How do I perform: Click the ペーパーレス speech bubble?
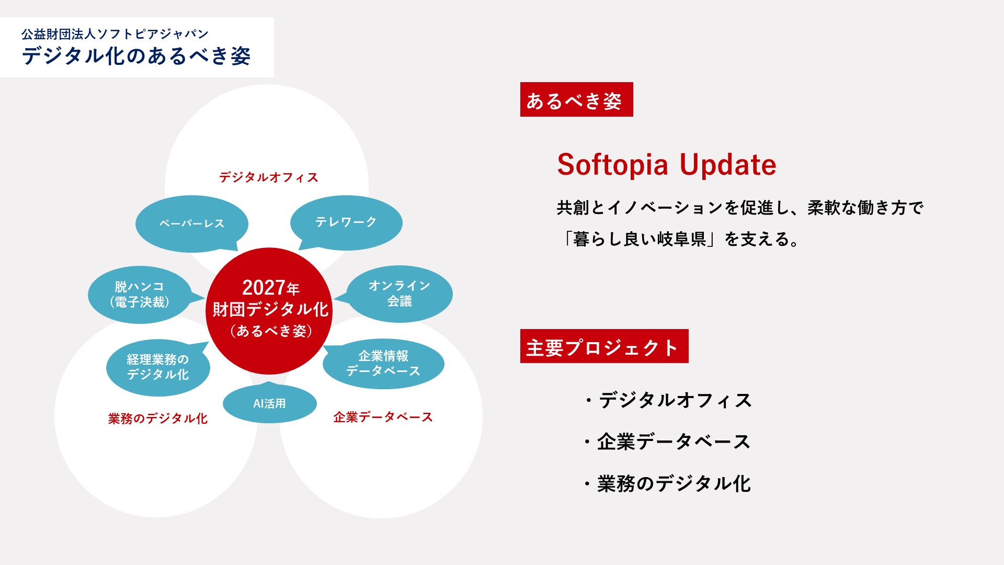[191, 223]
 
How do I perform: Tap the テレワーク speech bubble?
[346, 222]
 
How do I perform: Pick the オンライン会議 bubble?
[399, 293]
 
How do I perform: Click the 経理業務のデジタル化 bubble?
[158, 367]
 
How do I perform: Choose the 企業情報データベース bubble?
[383, 364]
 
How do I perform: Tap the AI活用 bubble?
[270, 403]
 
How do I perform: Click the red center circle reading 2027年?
[269, 311]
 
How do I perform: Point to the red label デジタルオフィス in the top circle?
[269, 177]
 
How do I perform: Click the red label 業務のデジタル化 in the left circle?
[158, 419]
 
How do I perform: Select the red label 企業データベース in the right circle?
[383, 417]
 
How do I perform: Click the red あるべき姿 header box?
[577, 99]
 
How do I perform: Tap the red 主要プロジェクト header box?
[604, 346]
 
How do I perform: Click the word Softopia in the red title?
[613, 165]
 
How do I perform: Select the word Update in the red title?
[728, 165]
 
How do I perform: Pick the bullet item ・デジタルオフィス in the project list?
[668, 401]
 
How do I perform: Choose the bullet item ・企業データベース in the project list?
[667, 442]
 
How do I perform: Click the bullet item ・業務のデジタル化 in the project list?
[667, 484]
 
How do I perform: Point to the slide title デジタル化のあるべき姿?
[136, 56]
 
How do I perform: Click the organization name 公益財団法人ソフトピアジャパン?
[115, 34]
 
